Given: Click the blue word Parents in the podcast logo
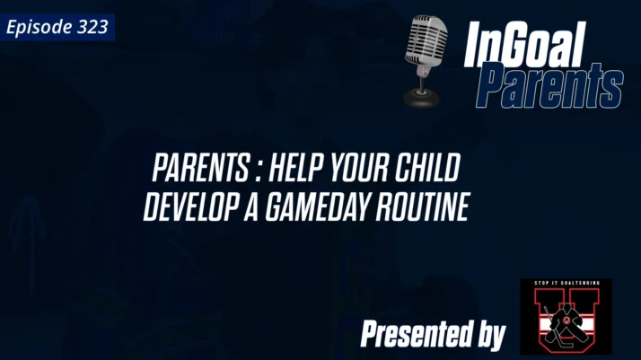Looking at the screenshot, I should coord(549,87).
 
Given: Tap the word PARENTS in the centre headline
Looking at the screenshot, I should coord(200,170).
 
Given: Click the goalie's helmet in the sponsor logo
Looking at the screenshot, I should coord(566,306).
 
